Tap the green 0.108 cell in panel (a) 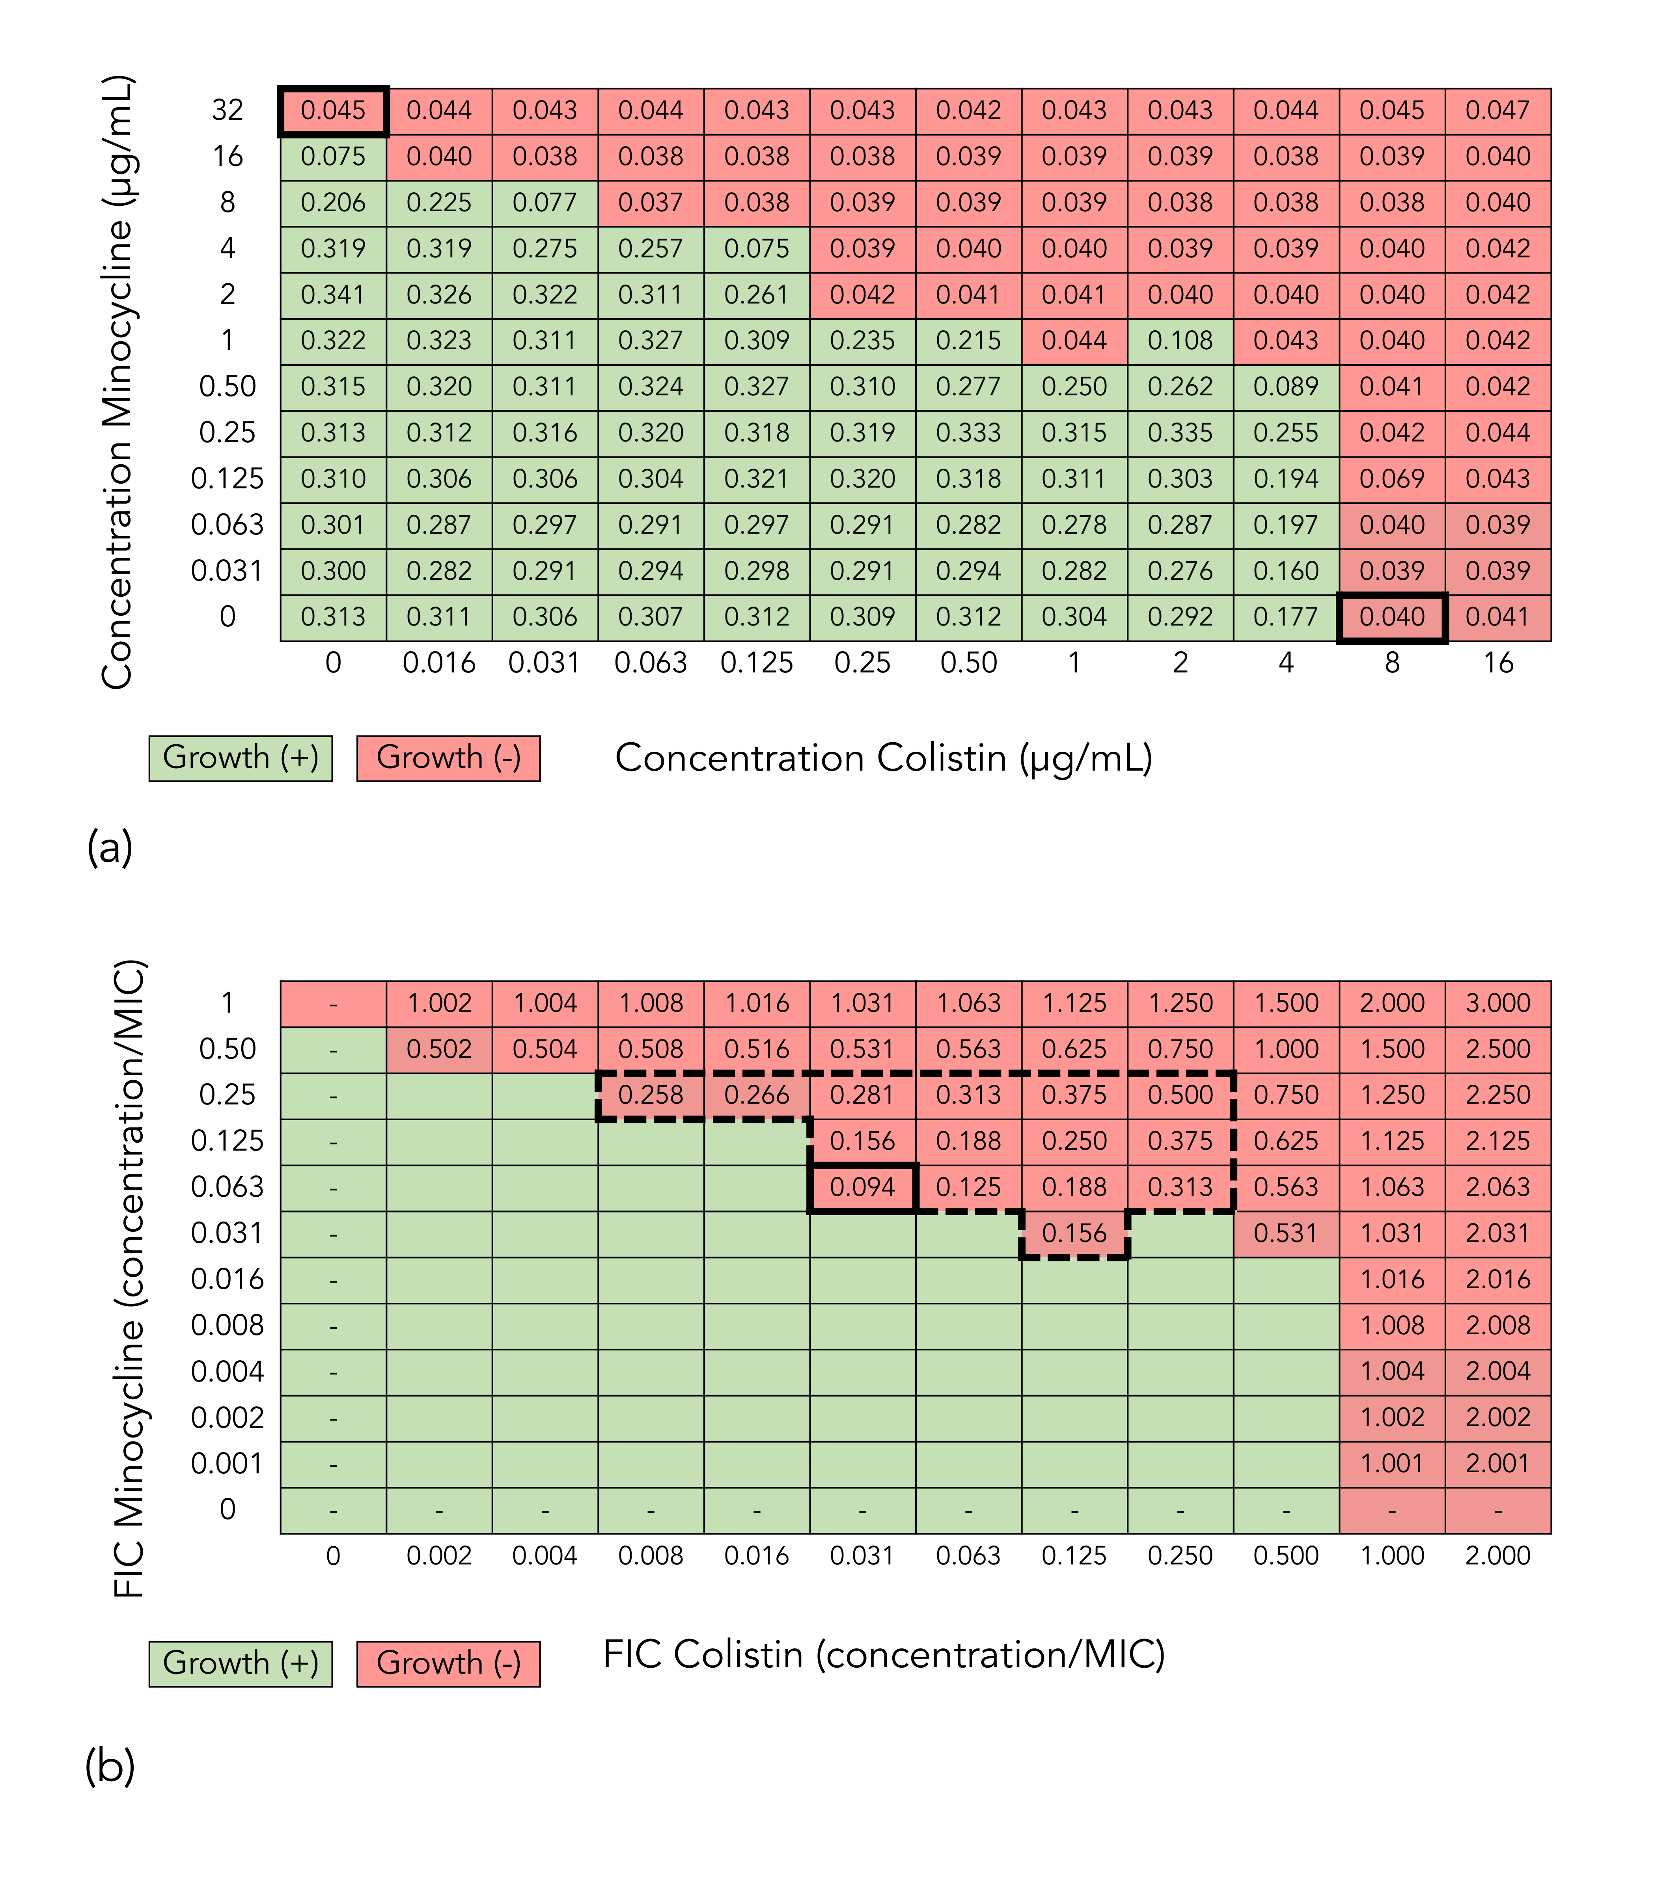pos(1180,341)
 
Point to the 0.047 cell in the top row pos(1498,111)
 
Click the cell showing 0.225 pos(439,202)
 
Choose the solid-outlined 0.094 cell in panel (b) pos(862,1187)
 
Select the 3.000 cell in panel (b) pos(1498,1003)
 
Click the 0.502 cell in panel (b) pos(439,1049)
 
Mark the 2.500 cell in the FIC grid pos(1498,1049)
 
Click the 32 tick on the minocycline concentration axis pos(228,111)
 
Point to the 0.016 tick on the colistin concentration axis pos(439,663)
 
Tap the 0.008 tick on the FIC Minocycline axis pos(228,1326)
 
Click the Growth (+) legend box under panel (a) pos(240,758)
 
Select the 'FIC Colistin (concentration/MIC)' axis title pos(884,1655)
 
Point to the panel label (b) pos(110,1767)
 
